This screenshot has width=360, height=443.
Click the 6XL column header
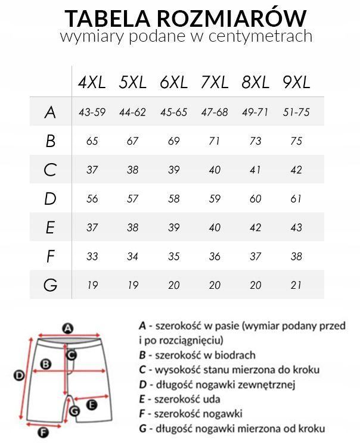pyautogui.click(x=173, y=83)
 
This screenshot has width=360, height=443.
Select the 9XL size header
pyautogui.click(x=297, y=83)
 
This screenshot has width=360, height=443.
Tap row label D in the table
pyautogui.click(x=50, y=198)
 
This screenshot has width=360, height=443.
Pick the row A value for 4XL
pyautogui.click(x=92, y=112)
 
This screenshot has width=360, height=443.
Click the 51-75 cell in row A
pyautogui.click(x=297, y=112)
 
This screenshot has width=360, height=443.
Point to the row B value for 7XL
pyautogui.click(x=215, y=141)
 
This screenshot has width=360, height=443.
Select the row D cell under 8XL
pyautogui.click(x=256, y=199)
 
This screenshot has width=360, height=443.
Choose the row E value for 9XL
pyautogui.click(x=297, y=227)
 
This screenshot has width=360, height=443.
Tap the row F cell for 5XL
pyautogui.click(x=132, y=257)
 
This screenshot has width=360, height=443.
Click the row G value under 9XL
pyautogui.click(x=297, y=285)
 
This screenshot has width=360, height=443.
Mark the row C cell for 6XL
pyautogui.click(x=173, y=170)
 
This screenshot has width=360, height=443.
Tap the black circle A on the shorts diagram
pyautogui.click(x=68, y=327)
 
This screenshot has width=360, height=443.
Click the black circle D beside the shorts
pyautogui.click(x=18, y=375)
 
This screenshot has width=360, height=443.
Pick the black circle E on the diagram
pyautogui.click(x=92, y=404)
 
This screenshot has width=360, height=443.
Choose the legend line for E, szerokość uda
pyautogui.click(x=179, y=398)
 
